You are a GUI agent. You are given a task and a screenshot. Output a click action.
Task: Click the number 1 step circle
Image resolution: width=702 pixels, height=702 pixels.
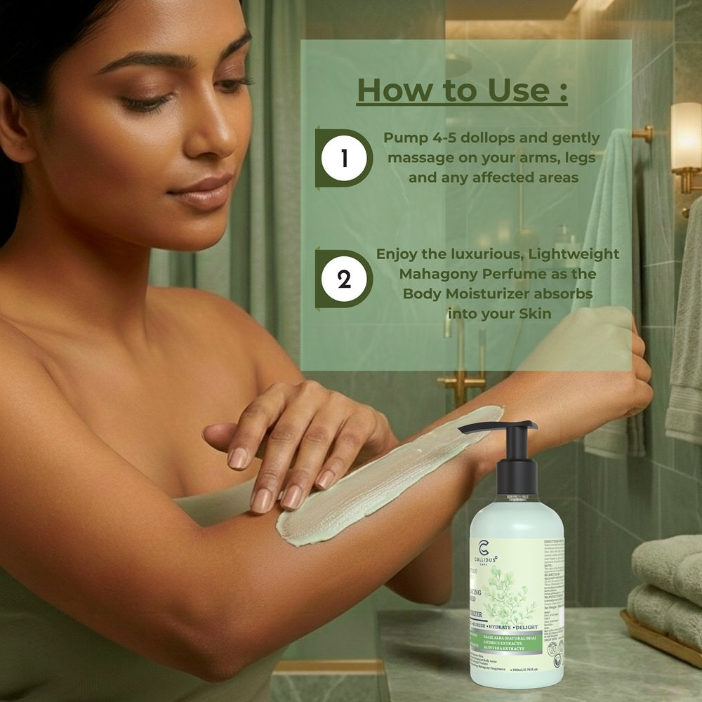344,159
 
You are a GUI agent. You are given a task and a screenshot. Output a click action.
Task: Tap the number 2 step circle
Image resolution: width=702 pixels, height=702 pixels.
344,279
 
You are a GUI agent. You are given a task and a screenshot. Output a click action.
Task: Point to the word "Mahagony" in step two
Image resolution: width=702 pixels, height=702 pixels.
415,274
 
